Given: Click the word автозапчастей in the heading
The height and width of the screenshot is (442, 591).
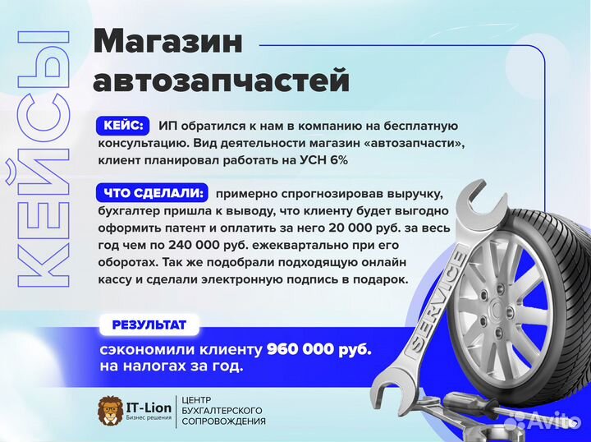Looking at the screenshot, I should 221,81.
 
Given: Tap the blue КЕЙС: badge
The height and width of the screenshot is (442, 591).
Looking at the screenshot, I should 124,126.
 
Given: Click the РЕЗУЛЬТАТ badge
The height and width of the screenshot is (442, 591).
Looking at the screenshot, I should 144,326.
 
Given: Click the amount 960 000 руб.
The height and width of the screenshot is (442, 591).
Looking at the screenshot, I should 318,349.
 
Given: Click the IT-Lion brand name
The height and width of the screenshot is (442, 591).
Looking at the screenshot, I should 150,405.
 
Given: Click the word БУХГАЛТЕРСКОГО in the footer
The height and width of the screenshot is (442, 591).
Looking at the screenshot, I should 226,410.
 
